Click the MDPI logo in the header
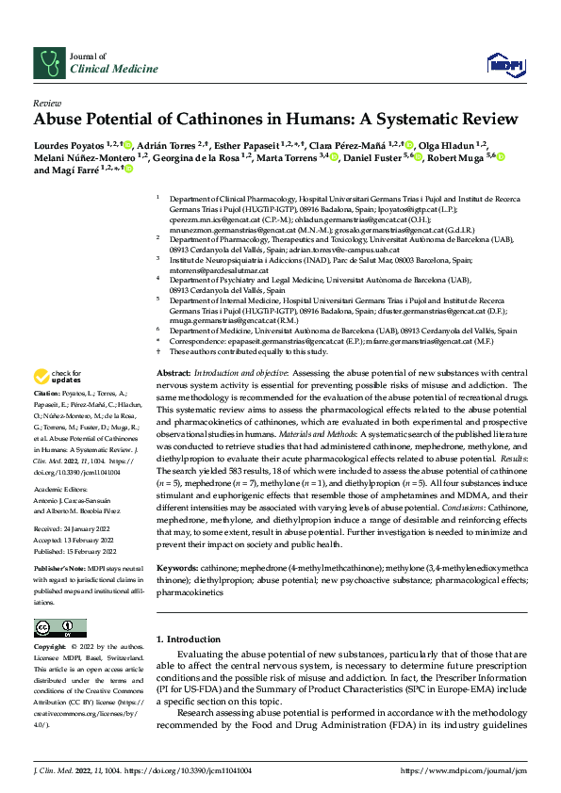pyautogui.click(x=502, y=63)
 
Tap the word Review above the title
pyautogui.click(x=46, y=103)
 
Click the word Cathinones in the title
pyautogui.click(x=237, y=120)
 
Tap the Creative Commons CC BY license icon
pyautogui.click(x=60, y=628)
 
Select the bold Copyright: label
pyautogui.click(x=50, y=648)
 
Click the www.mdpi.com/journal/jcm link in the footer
pyautogui.click(x=461, y=771)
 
